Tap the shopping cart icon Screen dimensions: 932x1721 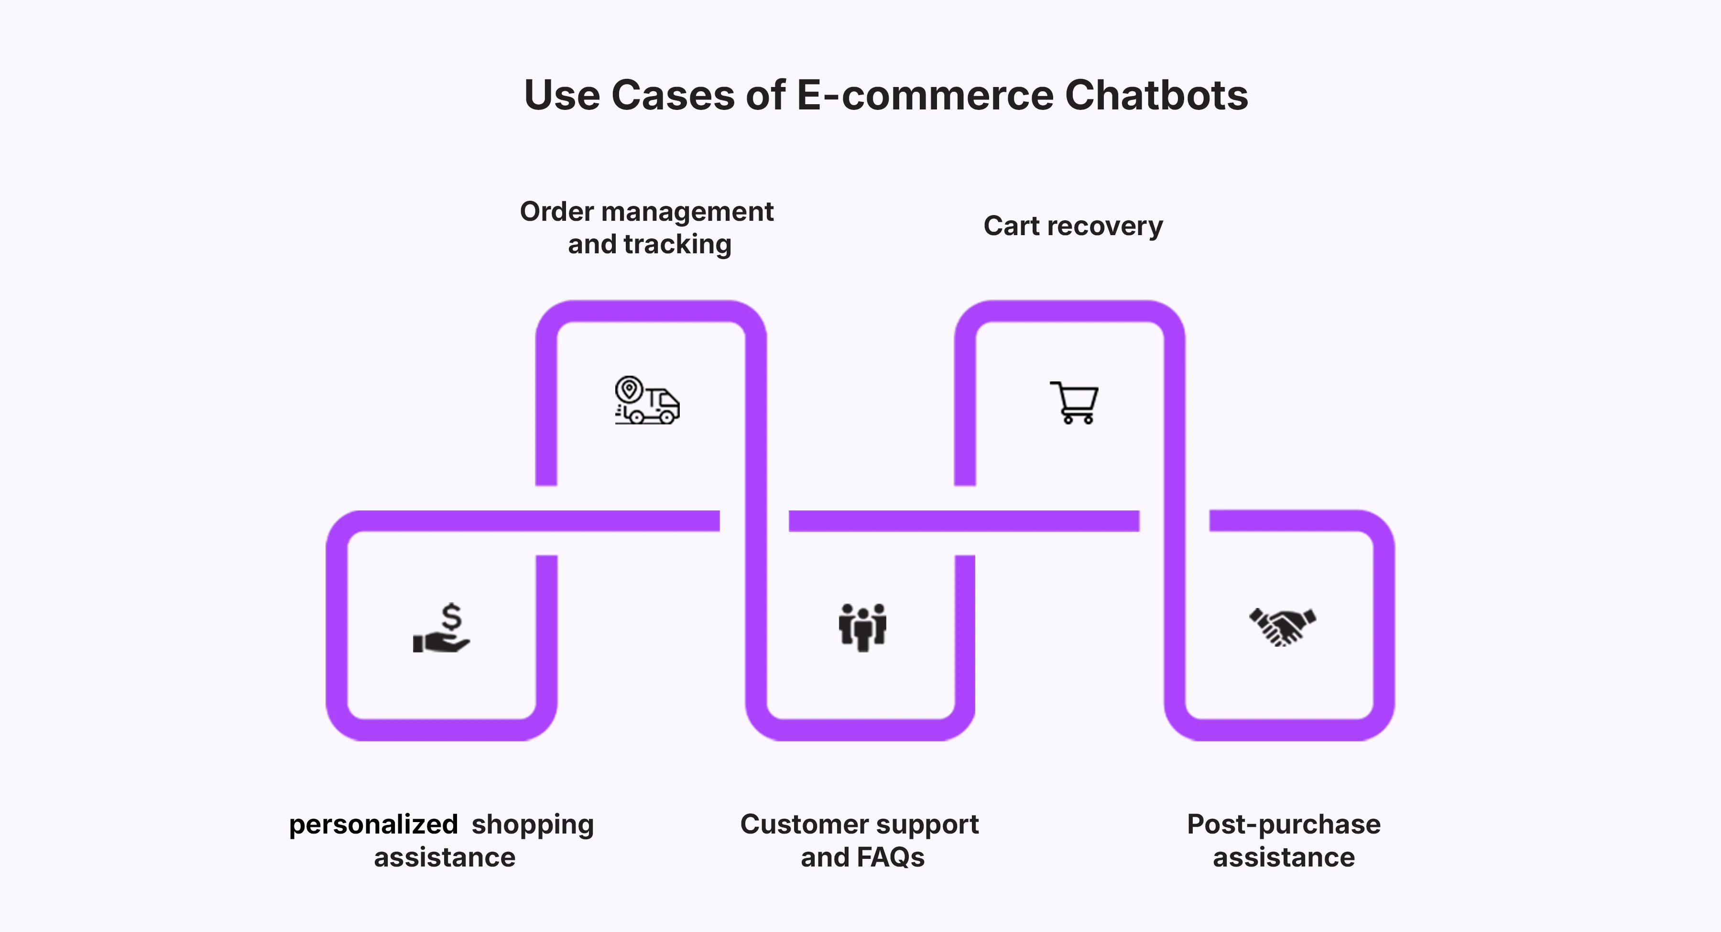tap(1074, 402)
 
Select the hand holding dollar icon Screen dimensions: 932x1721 tap(442, 628)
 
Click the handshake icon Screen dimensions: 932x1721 tap(1282, 627)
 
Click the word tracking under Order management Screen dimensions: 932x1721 tap(677, 245)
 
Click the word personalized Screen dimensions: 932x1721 tap(373, 824)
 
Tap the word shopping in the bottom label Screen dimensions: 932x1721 tap(533, 824)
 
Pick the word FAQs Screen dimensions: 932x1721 tap(891, 857)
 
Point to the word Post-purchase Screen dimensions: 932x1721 tap(1284, 824)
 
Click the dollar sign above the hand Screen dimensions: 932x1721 tap(452, 616)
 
